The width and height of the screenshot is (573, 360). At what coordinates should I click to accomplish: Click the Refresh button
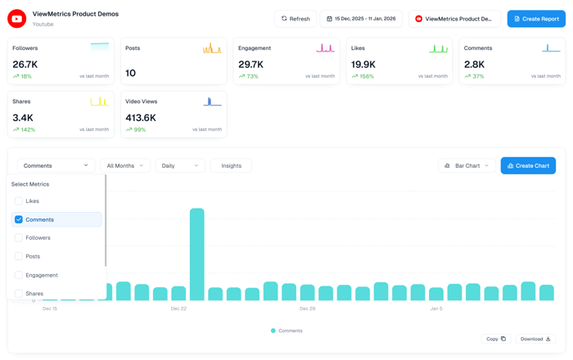pyautogui.click(x=296, y=19)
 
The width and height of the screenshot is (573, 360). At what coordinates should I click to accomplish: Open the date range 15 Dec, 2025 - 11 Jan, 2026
pyautogui.click(x=360, y=19)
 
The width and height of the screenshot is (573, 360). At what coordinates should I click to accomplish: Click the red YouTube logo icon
pyautogui.click(x=16, y=18)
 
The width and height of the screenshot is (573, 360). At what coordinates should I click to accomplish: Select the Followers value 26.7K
pyautogui.click(x=25, y=64)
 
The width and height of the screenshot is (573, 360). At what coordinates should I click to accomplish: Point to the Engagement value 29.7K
pyautogui.click(x=250, y=64)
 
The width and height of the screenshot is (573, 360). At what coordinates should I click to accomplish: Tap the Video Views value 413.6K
pyautogui.click(x=141, y=118)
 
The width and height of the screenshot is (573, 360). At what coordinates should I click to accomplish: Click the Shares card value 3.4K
pyautogui.click(x=22, y=118)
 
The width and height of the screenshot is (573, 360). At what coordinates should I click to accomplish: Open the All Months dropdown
pyautogui.click(x=125, y=166)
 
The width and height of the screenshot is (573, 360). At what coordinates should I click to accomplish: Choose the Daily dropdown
pyautogui.click(x=180, y=166)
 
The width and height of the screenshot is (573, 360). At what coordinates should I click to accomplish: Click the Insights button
pyautogui.click(x=231, y=166)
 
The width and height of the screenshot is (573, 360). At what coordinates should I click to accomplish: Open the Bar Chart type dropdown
pyautogui.click(x=467, y=166)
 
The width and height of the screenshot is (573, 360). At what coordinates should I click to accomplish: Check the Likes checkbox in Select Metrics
pyautogui.click(x=19, y=201)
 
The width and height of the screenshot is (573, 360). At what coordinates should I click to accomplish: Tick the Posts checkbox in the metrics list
pyautogui.click(x=19, y=257)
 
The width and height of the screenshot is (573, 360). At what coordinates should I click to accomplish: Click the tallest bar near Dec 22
pyautogui.click(x=196, y=254)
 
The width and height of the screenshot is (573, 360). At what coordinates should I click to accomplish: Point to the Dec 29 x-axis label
pyautogui.click(x=307, y=309)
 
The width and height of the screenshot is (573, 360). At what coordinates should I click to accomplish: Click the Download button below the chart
pyautogui.click(x=536, y=339)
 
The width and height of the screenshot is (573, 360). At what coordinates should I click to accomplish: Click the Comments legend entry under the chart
pyautogui.click(x=286, y=331)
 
